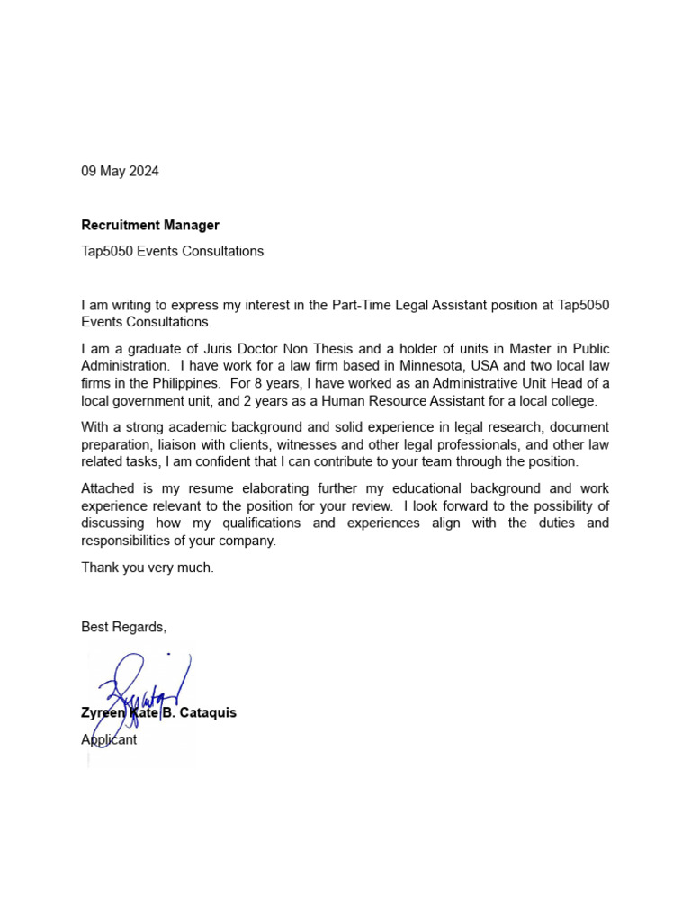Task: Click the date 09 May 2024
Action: (120, 171)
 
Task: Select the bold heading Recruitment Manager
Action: (150, 225)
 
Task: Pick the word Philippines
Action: (184, 384)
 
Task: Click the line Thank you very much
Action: (148, 568)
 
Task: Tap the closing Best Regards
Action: (123, 627)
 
